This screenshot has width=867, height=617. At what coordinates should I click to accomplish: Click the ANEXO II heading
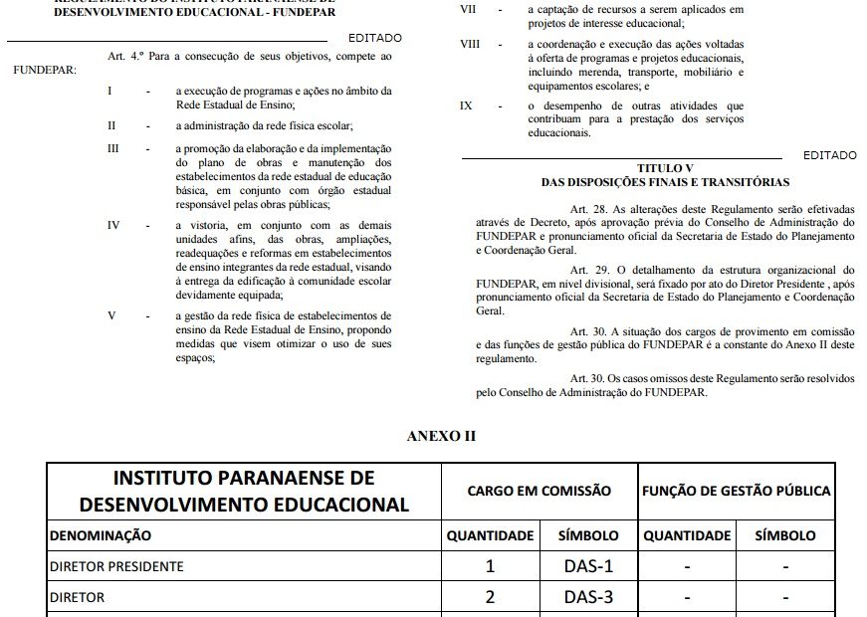pos(434,436)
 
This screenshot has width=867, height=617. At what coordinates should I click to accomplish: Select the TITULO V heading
pos(665,168)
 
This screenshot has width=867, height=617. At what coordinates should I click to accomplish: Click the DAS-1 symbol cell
pos(588,566)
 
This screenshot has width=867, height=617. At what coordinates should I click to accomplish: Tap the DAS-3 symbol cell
pos(588,599)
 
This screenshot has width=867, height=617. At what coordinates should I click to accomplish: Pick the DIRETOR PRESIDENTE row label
pos(116,566)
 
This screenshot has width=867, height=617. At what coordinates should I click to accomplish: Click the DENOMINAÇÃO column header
pos(101,534)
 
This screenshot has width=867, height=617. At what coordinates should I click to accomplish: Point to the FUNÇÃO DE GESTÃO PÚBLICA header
pos(737,491)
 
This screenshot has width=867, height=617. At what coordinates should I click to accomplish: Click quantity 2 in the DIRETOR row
pos(490,599)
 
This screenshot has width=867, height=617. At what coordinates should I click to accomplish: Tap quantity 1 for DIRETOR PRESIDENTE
pos(490,566)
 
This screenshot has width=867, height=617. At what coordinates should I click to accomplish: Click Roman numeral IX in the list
pos(466,105)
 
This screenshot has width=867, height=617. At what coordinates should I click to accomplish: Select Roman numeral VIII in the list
pos(470,45)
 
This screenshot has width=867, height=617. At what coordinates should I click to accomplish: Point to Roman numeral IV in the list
pos(113,226)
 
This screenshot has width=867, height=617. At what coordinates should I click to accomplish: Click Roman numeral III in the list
pos(113,149)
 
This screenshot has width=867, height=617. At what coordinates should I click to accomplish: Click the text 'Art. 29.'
pos(590,270)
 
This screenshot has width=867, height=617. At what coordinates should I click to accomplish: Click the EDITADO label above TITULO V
pos(829,156)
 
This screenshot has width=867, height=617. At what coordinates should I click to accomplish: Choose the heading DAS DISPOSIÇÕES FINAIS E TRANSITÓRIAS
pos(665,182)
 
